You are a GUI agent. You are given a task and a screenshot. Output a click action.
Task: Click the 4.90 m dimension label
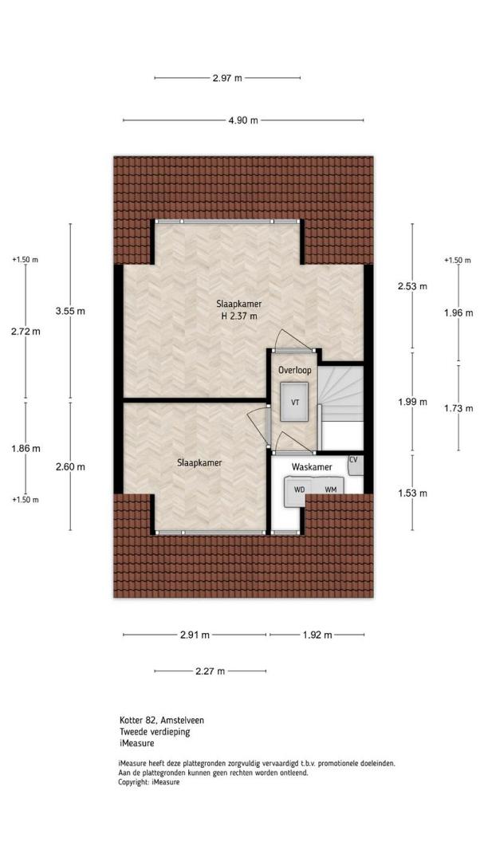(243, 120)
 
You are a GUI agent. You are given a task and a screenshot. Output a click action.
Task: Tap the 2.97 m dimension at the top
(227, 78)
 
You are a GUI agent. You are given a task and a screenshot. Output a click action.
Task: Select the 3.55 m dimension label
(70, 312)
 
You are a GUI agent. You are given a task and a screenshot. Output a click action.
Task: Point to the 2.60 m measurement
(70, 467)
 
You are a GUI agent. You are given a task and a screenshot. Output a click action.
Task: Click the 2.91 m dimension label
(195, 635)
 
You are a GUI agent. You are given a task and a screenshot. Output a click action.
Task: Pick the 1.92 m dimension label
(317, 635)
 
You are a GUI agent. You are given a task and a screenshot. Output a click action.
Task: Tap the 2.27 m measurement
(210, 671)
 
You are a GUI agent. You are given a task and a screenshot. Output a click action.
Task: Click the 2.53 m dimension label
(412, 286)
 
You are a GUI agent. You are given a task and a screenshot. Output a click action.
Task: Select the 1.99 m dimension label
(412, 402)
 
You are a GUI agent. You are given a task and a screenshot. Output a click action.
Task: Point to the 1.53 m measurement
(412, 493)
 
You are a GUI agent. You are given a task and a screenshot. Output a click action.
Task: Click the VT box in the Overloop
(295, 402)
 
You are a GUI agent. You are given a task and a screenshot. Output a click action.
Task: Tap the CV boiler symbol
(356, 465)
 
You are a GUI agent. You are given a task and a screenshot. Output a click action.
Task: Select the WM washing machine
(330, 488)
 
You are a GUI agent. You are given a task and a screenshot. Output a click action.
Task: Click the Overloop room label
(294, 370)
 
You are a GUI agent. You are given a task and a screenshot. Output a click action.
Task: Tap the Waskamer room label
(312, 467)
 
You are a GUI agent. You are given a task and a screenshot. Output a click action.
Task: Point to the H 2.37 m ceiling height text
(238, 316)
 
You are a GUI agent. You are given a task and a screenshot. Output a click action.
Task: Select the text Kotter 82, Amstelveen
(162, 720)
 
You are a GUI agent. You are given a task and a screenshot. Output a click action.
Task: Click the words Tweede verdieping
(155, 731)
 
